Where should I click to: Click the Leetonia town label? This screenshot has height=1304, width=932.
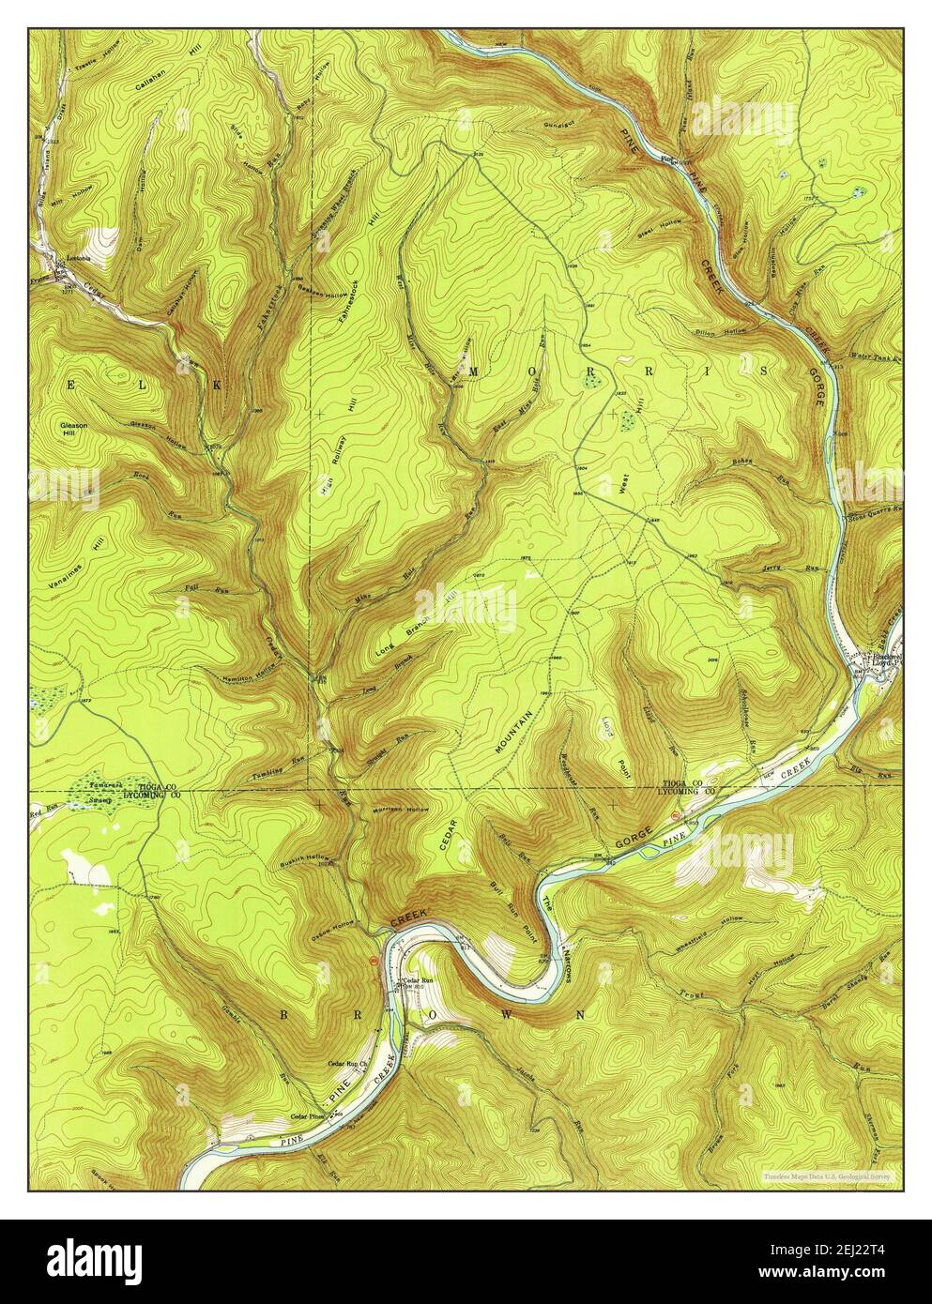(x=70, y=255)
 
